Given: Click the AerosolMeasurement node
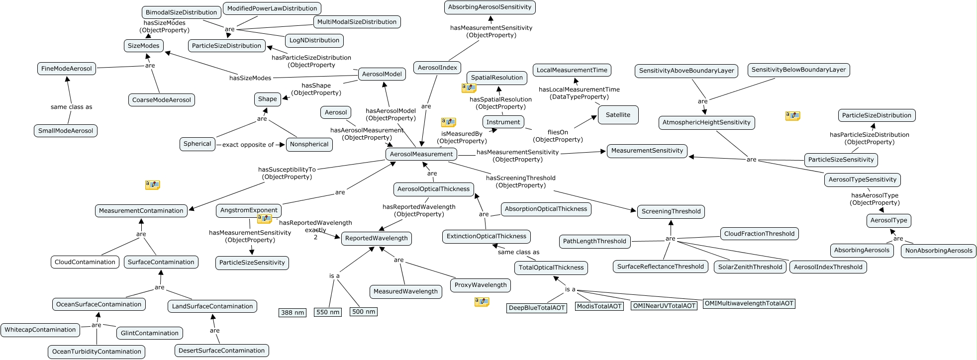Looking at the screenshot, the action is pyautogui.click(x=421, y=154).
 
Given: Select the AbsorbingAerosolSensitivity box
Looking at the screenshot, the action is pyautogui.click(x=489, y=7).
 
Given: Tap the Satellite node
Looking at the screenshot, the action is pyautogui.click(x=618, y=115).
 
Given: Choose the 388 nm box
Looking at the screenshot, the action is pyautogui.click(x=293, y=313).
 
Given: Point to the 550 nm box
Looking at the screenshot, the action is pyautogui.click(x=328, y=312).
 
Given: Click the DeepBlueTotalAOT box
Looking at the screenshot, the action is pyautogui.click(x=537, y=308).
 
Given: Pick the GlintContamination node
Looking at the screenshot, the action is pyautogui.click(x=150, y=333).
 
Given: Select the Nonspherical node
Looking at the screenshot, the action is pyautogui.click(x=309, y=144).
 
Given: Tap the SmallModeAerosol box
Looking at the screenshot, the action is pyautogui.click(x=66, y=131).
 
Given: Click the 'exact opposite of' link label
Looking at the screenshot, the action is pyautogui.click(x=248, y=145).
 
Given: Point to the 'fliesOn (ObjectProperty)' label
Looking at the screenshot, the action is pyautogui.click(x=558, y=136).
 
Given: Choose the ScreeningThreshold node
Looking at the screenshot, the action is pyautogui.click(x=671, y=211).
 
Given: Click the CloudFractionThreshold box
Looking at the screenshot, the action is pyautogui.click(x=759, y=234).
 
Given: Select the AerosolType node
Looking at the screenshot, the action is pyautogui.click(x=889, y=220).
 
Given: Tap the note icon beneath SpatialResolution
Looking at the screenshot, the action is pyautogui.click(x=469, y=88).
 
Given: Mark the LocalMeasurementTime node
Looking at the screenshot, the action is pyautogui.click(x=572, y=70).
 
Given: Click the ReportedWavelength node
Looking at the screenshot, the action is pyautogui.click(x=377, y=238).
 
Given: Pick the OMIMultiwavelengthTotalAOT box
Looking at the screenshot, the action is pyautogui.click(x=749, y=303).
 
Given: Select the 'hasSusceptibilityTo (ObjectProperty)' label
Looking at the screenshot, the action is pyautogui.click(x=287, y=173).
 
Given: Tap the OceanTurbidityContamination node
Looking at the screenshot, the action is pyautogui.click(x=97, y=352).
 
